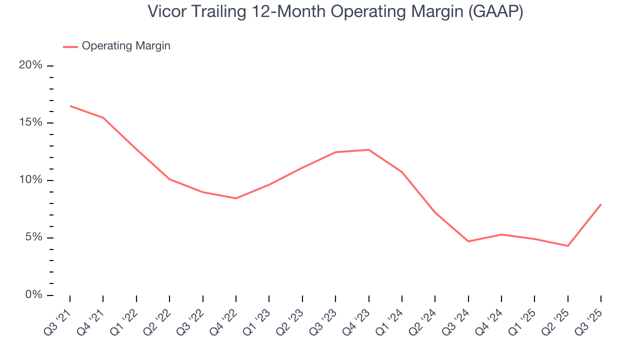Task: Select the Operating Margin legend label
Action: [126, 46]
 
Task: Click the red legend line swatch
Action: [70, 46]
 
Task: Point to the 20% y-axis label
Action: [30, 65]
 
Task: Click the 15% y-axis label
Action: [30, 123]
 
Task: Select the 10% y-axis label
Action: [30, 180]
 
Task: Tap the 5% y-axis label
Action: [33, 237]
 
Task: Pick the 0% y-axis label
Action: [33, 295]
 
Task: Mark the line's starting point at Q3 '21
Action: [70, 106]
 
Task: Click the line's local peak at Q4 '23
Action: [368, 149]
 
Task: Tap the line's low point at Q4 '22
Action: [236, 198]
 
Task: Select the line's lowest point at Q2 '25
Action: [568, 246]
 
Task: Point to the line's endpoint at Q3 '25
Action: [601, 204]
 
